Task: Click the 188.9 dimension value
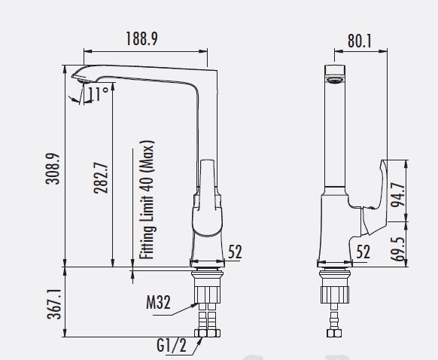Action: (142, 38)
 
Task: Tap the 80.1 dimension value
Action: (360, 41)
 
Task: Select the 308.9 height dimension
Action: (53, 169)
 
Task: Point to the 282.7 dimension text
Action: (101, 178)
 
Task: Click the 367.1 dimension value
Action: (54, 304)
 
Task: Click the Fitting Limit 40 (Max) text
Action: (147, 200)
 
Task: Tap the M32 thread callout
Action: (158, 302)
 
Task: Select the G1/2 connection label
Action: (172, 345)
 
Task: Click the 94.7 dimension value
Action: (398, 194)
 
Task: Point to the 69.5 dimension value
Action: (398, 249)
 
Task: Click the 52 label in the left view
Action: (235, 252)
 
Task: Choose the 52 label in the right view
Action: (363, 252)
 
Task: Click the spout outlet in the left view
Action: (84, 81)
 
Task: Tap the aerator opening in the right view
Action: (335, 81)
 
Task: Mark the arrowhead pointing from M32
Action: (195, 305)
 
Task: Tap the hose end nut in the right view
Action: (334, 333)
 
